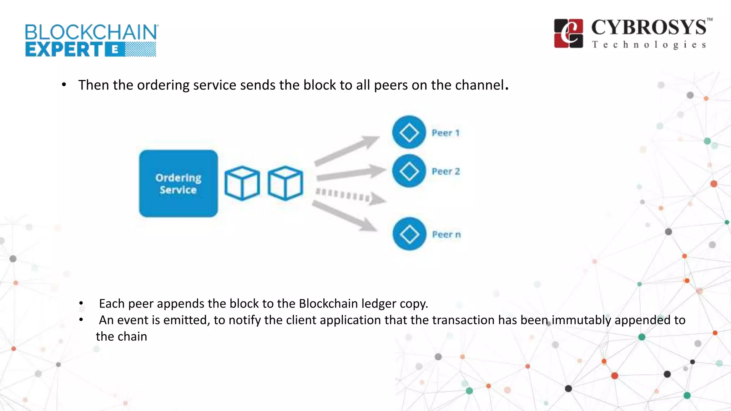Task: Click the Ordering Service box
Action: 178,183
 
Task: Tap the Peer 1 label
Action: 445,133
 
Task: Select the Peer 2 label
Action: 445,171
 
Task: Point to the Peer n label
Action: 446,234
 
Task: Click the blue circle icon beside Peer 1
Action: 409,132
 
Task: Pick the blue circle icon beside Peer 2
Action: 409,171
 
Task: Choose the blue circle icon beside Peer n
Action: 409,234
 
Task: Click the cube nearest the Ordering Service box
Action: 242,183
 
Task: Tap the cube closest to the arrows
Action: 285,183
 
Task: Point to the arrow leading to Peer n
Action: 344,215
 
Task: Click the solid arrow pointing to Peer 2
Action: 350,173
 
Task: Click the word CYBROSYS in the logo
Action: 648,27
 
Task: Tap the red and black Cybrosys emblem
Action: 568,34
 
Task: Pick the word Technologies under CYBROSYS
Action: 649,45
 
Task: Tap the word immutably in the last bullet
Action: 581,320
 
